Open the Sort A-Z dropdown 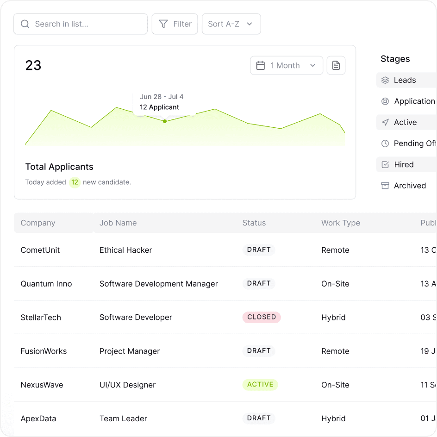231,24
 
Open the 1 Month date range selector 286,66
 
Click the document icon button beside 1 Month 336,66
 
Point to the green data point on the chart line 165,121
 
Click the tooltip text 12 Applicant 159,107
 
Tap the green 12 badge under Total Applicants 75,182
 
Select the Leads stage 405,80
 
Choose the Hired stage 404,164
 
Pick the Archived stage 410,186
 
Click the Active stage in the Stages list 405,122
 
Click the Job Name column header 118,223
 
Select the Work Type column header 341,223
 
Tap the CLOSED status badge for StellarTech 262,317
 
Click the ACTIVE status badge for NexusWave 260,385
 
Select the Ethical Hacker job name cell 126,250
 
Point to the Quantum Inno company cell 46,284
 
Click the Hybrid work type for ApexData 333,418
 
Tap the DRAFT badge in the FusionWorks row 259,351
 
